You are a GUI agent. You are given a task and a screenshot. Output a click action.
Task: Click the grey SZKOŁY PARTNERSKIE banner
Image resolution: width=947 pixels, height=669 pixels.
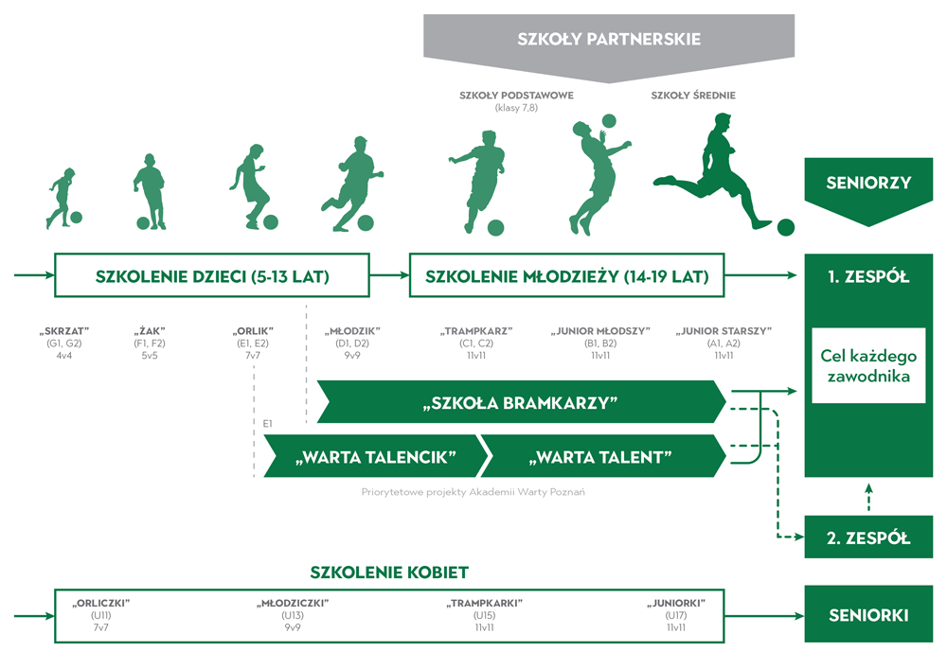click(x=608, y=40)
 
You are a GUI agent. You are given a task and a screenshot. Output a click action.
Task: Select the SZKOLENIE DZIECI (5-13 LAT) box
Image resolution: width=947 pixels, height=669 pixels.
click(x=211, y=276)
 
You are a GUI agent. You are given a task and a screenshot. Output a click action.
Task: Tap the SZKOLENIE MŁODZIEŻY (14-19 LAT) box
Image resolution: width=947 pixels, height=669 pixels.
click(x=566, y=276)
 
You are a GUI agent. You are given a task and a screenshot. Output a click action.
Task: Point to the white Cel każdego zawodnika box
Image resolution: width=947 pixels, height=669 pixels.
click(x=867, y=365)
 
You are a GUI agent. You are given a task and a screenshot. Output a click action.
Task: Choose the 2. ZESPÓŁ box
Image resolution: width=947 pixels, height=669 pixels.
click(x=867, y=538)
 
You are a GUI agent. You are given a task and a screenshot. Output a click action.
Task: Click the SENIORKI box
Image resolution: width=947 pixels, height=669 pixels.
click(x=867, y=615)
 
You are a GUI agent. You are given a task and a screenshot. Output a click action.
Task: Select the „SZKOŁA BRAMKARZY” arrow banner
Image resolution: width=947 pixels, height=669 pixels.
click(x=519, y=403)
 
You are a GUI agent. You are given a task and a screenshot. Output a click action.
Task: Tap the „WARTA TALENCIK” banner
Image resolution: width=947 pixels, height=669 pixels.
click(x=376, y=457)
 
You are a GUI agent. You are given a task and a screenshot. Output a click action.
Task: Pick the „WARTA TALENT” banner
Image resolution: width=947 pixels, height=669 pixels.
click(x=602, y=457)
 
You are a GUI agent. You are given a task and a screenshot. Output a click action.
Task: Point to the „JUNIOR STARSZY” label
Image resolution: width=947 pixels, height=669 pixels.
click(x=724, y=331)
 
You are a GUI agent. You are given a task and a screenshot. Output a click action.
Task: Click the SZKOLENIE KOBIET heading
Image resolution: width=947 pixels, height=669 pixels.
click(x=389, y=572)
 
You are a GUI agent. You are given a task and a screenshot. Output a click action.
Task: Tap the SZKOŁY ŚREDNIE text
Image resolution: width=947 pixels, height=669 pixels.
click(x=693, y=96)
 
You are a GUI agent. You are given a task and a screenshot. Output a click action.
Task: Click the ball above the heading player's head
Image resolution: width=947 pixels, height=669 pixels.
click(x=608, y=121)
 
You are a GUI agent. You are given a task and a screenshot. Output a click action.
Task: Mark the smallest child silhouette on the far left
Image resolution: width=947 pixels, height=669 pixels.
click(x=61, y=198)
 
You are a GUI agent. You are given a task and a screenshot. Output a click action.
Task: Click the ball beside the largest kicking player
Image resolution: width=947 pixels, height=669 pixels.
click(x=785, y=227)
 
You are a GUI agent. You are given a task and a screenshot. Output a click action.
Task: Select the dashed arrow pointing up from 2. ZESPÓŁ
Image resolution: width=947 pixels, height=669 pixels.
click(x=867, y=496)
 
